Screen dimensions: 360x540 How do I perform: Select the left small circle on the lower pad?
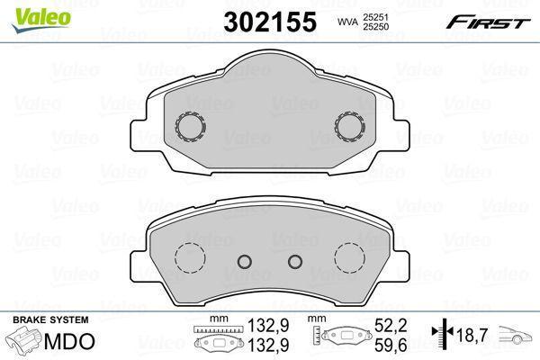click(243, 262)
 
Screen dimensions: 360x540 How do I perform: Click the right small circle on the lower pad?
click(294, 262)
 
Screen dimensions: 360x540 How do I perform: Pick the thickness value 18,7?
click(472, 336)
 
